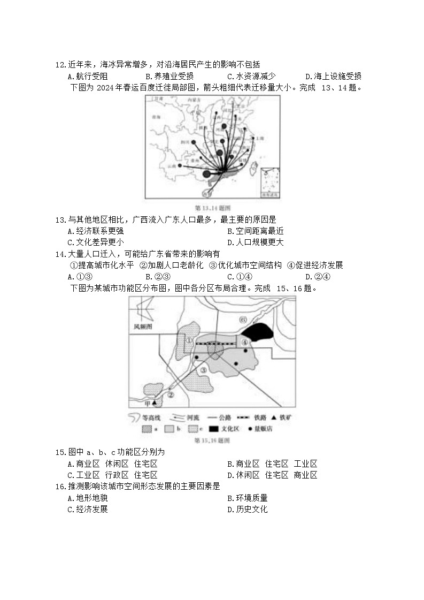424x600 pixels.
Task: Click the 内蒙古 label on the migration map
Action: pos(194,100)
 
